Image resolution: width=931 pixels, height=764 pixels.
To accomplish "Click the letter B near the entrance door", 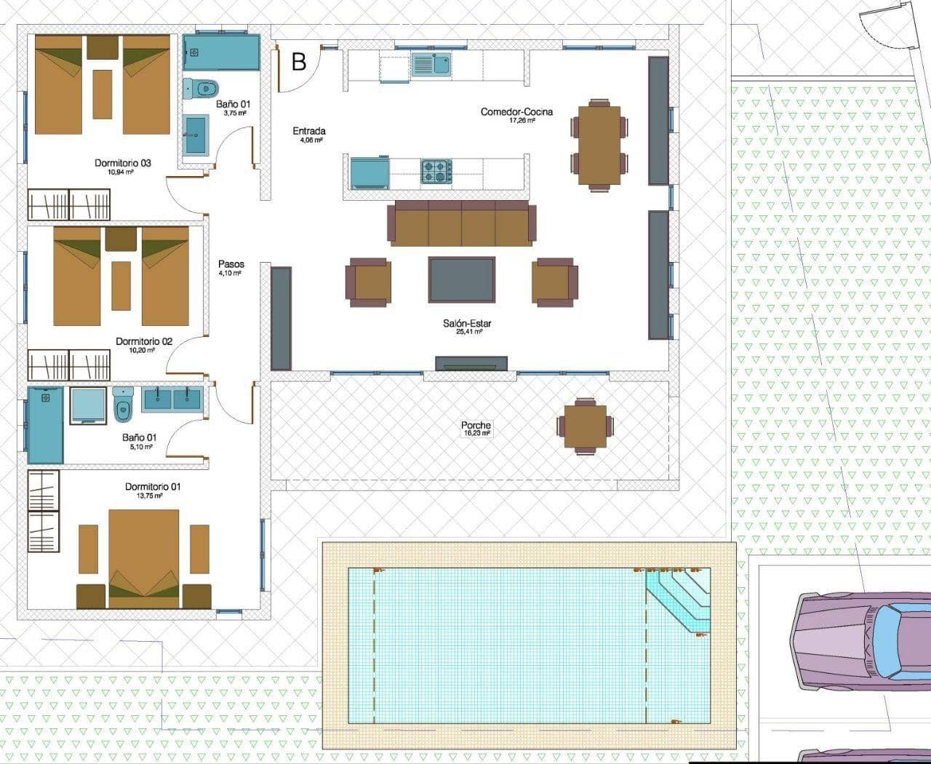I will pos(299,62).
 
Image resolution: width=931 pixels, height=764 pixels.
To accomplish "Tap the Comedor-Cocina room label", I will pos(516,112).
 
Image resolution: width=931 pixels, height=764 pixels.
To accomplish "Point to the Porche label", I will pos(476,426).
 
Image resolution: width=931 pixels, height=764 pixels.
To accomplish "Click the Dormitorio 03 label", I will pos(123,163).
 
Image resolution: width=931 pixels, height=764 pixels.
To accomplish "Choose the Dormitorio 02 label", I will pos(144,341).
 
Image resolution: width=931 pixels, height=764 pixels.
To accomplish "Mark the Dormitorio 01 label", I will pos(153,487).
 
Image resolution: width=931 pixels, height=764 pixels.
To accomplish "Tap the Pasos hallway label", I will pos(231,264).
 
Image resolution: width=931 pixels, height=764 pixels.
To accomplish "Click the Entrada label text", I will pos(309,131).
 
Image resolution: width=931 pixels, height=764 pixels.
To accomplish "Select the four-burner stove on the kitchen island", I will pos(436,172).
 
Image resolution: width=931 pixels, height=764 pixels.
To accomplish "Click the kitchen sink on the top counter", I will pos(431,64).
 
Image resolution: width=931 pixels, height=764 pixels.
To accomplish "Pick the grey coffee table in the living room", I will pos(462,279).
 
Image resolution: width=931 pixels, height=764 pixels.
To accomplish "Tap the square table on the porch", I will pos(585,426).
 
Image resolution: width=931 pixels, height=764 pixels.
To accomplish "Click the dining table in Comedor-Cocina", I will pos(599,145).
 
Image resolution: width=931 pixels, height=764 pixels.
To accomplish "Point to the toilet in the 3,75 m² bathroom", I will pos(201,89).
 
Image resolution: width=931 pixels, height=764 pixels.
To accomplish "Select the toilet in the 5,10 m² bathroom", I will pos(123,405).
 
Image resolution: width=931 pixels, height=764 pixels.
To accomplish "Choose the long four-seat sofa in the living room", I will pos(462,224).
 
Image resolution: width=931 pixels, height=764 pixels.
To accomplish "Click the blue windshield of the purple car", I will pos(891,640).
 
